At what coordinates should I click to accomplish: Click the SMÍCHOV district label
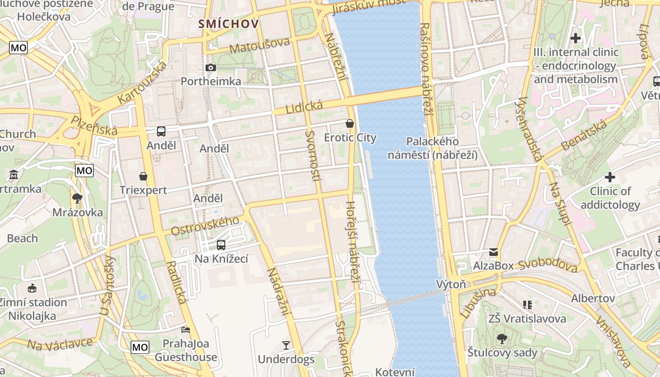pos(229,24)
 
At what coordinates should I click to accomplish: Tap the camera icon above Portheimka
pos(211,68)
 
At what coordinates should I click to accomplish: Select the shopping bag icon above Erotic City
pos(350,123)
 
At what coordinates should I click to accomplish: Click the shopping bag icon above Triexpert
pos(143,176)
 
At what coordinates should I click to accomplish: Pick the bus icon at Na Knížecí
pos(221,245)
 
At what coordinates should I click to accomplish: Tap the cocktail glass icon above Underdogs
pos(286,345)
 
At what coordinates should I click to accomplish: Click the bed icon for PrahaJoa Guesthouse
pos(186,329)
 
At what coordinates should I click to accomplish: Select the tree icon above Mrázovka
pos(77,198)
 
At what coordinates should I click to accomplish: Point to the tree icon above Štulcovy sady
pos(502,338)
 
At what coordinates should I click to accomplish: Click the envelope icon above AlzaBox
pos(494,252)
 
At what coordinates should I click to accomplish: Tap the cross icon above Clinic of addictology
pos(610,178)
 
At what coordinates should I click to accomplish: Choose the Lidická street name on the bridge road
pos(304,107)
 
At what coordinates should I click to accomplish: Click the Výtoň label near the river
pos(451,284)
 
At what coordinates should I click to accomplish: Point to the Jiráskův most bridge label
pos(368,6)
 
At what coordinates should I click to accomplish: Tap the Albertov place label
pos(593,298)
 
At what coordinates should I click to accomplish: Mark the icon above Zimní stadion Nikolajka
pos(32,288)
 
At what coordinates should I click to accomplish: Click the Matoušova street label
pos(259,45)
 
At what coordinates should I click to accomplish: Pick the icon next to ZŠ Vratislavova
pos(527,305)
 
